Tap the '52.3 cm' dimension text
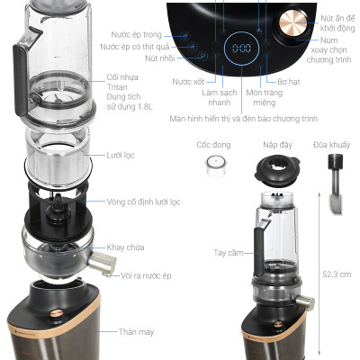[335, 274]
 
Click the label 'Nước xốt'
[188, 82]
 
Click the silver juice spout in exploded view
[106, 264]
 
